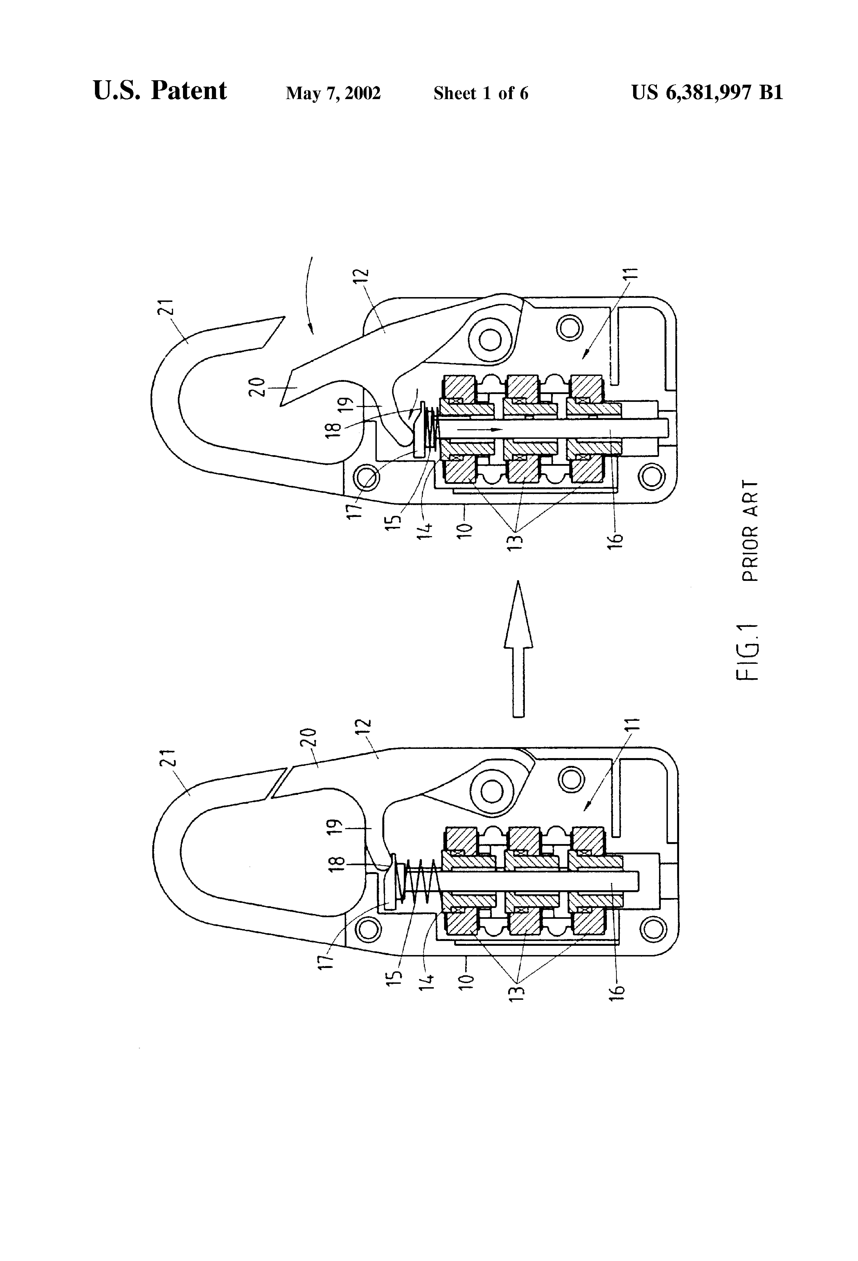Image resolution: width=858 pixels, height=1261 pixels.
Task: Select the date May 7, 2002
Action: (x=334, y=93)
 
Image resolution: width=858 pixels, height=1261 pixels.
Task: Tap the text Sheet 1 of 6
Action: (x=480, y=93)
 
